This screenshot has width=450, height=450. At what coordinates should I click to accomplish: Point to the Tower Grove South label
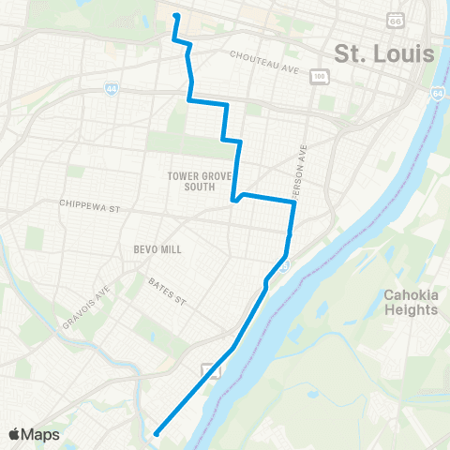(192, 181)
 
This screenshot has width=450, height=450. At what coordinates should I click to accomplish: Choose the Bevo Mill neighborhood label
(157, 249)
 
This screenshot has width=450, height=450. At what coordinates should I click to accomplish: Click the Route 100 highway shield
(321, 75)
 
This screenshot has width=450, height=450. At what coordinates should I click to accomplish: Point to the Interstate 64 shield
(438, 94)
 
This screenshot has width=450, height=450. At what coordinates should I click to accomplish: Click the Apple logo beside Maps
(15, 434)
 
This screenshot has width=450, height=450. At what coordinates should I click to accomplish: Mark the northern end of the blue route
(175, 15)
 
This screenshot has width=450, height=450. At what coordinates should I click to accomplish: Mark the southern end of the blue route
(156, 433)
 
